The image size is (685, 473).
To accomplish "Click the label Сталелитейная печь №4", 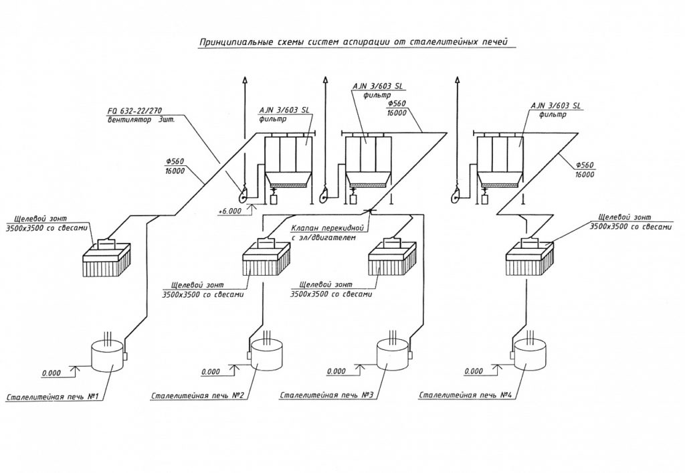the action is pyautogui.click(x=466, y=395).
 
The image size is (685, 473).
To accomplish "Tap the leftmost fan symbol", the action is pyautogui.click(x=241, y=193).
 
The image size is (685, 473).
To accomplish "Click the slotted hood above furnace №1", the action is pyautogui.click(x=108, y=258).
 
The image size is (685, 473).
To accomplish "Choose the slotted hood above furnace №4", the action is pyautogui.click(x=530, y=258).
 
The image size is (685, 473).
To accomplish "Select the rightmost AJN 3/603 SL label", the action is pyautogui.click(x=556, y=106).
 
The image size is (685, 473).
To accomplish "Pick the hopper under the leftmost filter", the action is pyautogui.click(x=286, y=179).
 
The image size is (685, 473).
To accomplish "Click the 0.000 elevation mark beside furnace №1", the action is pyautogui.click(x=51, y=373).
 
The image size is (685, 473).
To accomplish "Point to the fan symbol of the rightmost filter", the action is pyautogui.click(x=456, y=193).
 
